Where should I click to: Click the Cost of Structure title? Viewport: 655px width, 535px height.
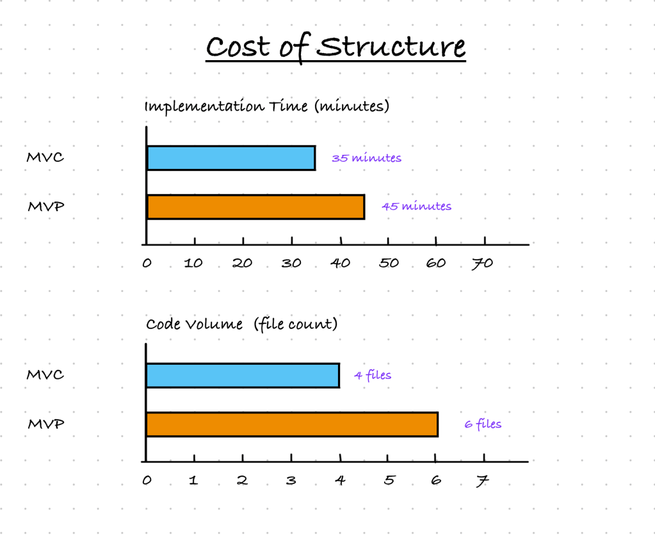coord(336,47)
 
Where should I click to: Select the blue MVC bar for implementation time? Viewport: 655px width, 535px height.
coord(231,158)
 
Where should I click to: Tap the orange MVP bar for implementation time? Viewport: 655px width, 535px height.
coord(255,207)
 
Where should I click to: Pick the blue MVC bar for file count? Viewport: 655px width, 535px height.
coord(243,375)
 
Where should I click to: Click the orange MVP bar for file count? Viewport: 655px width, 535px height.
coord(292,424)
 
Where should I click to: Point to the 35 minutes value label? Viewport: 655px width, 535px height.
coord(366,158)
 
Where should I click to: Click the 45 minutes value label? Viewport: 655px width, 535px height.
coord(416,206)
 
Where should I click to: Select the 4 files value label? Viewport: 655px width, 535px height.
coord(373,375)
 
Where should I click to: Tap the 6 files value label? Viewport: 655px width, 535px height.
coord(483,424)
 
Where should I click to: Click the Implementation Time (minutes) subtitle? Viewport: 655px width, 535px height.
coord(266,106)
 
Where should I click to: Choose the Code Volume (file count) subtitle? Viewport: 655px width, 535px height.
coord(241,324)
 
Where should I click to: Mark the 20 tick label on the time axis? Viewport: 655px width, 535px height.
coord(243,264)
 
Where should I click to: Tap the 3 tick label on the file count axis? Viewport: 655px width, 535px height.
coord(291,481)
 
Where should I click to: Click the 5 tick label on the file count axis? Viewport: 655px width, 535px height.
coord(388,481)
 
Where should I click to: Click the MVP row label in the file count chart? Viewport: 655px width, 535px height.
coord(46,424)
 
